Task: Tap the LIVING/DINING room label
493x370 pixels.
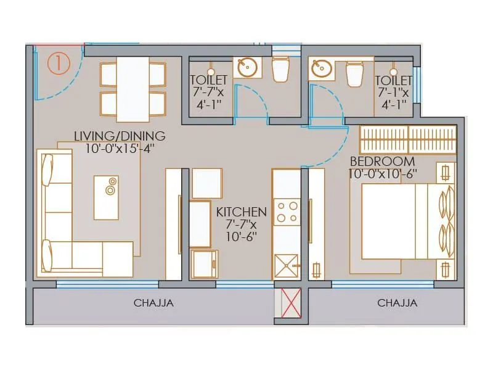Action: pos(120,136)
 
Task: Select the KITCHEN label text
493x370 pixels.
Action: pos(241,212)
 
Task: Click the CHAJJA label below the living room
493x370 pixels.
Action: pos(153,303)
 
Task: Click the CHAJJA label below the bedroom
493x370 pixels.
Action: pos(397,303)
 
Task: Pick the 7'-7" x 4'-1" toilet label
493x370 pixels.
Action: pos(208,92)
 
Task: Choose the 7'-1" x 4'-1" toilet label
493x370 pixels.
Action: pos(393,92)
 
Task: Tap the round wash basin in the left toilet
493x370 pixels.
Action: pos(248,68)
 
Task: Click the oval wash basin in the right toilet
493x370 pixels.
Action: pos(322,68)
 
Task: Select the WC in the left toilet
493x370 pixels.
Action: pos(280,69)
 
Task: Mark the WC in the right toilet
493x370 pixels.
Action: pos(355,74)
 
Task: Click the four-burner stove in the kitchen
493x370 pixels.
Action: pos(286,212)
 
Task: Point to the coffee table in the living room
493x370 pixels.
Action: pos(106,196)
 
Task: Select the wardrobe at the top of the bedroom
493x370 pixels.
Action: pos(408,140)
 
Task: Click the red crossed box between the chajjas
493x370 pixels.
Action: pos(290,304)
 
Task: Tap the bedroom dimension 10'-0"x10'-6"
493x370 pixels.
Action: pos(383,174)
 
